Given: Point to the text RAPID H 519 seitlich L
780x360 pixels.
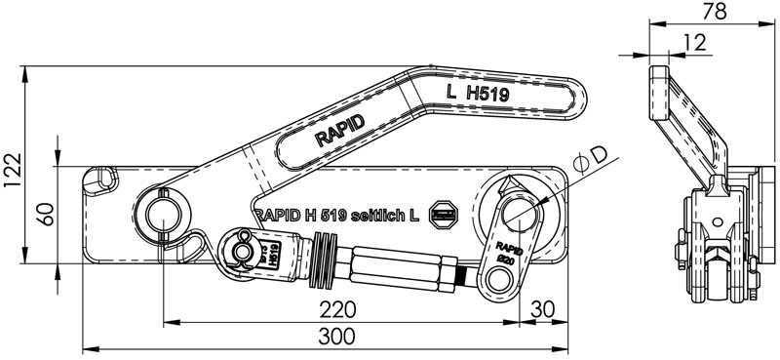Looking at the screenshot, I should point(336,214).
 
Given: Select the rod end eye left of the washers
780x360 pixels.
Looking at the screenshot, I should point(238,252).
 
